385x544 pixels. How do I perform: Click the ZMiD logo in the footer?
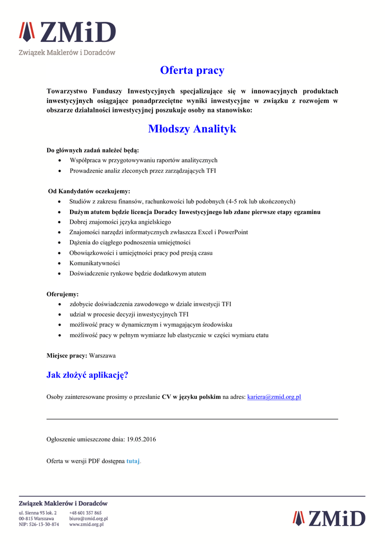coord(329,518)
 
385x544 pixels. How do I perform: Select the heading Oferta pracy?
coord(192,70)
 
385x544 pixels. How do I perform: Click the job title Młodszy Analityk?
coord(192,129)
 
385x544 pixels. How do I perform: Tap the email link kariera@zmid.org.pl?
coord(274,397)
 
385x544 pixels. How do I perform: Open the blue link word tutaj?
coord(133,461)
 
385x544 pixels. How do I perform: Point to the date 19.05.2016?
coord(141,439)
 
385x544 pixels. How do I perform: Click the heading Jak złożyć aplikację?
coord(88,375)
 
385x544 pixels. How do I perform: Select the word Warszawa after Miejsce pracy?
coord(102,355)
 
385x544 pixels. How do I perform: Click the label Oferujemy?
coord(63,294)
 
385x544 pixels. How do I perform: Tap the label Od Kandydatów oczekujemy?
coord(89,191)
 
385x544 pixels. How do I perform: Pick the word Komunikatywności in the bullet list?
coord(95,263)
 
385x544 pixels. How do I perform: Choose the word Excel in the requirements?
coord(205,232)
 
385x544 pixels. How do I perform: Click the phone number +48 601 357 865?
coord(85,513)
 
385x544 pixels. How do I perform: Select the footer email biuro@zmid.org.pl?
coord(88,518)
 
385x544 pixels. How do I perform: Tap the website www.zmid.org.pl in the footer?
coord(87,524)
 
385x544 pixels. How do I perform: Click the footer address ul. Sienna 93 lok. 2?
coord(38,513)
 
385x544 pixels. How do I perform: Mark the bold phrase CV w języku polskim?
coord(191,397)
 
